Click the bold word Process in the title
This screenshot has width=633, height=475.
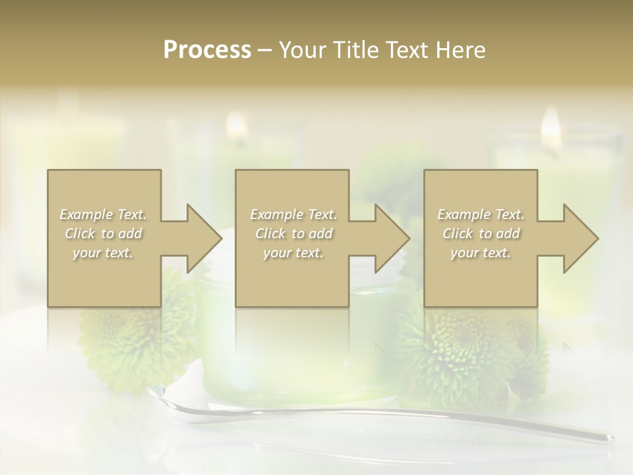click(x=207, y=50)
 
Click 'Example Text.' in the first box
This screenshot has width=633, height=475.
click(x=104, y=214)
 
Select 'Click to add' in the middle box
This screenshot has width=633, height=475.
click(x=293, y=234)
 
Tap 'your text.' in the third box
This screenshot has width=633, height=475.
click(x=481, y=253)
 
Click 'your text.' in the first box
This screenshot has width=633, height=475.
click(x=104, y=253)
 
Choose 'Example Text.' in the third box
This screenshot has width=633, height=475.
click(x=481, y=214)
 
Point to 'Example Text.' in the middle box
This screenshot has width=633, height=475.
click(x=293, y=214)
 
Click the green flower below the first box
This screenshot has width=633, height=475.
click(x=125, y=343)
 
